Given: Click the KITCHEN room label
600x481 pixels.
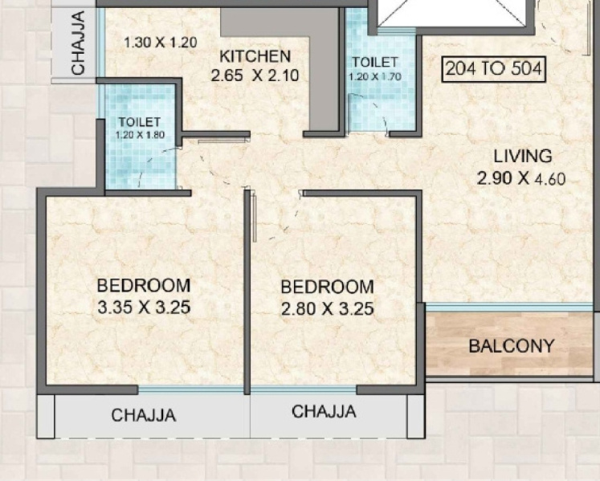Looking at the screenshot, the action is pyautogui.click(x=255, y=56).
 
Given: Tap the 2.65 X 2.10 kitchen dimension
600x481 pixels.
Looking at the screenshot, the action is pyautogui.click(x=255, y=75).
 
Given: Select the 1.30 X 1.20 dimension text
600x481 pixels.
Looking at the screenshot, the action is pyautogui.click(x=161, y=42).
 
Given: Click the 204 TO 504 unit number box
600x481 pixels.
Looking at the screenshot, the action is pyautogui.click(x=494, y=69).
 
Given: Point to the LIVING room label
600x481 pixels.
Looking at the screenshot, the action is pyautogui.click(x=523, y=156).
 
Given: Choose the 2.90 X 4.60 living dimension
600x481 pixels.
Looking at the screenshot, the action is pyautogui.click(x=521, y=178).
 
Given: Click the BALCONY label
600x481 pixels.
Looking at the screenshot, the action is pyautogui.click(x=511, y=346).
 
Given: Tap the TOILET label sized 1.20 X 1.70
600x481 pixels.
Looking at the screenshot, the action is pyautogui.click(x=375, y=63).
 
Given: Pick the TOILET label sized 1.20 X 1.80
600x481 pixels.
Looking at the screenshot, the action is pyautogui.click(x=139, y=122).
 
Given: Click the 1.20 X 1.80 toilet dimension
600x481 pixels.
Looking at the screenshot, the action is pyautogui.click(x=141, y=135).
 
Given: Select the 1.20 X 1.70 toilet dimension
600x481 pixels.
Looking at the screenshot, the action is pyautogui.click(x=375, y=76).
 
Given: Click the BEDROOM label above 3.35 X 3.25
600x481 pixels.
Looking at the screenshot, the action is pyautogui.click(x=144, y=285).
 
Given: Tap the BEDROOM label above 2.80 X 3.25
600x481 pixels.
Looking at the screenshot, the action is pyautogui.click(x=327, y=287).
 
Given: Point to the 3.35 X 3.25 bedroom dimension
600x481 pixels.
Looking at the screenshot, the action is pyautogui.click(x=144, y=308).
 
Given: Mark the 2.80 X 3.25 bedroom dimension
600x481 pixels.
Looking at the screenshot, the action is pyautogui.click(x=328, y=309).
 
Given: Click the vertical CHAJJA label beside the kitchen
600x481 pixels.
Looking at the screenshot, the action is pyautogui.click(x=78, y=43).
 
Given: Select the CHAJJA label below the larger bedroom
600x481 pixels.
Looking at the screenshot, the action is pyautogui.click(x=144, y=415).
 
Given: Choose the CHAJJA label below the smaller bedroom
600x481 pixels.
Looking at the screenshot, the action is pyautogui.click(x=324, y=412).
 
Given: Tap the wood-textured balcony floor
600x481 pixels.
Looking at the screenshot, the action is pyautogui.click(x=509, y=344).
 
